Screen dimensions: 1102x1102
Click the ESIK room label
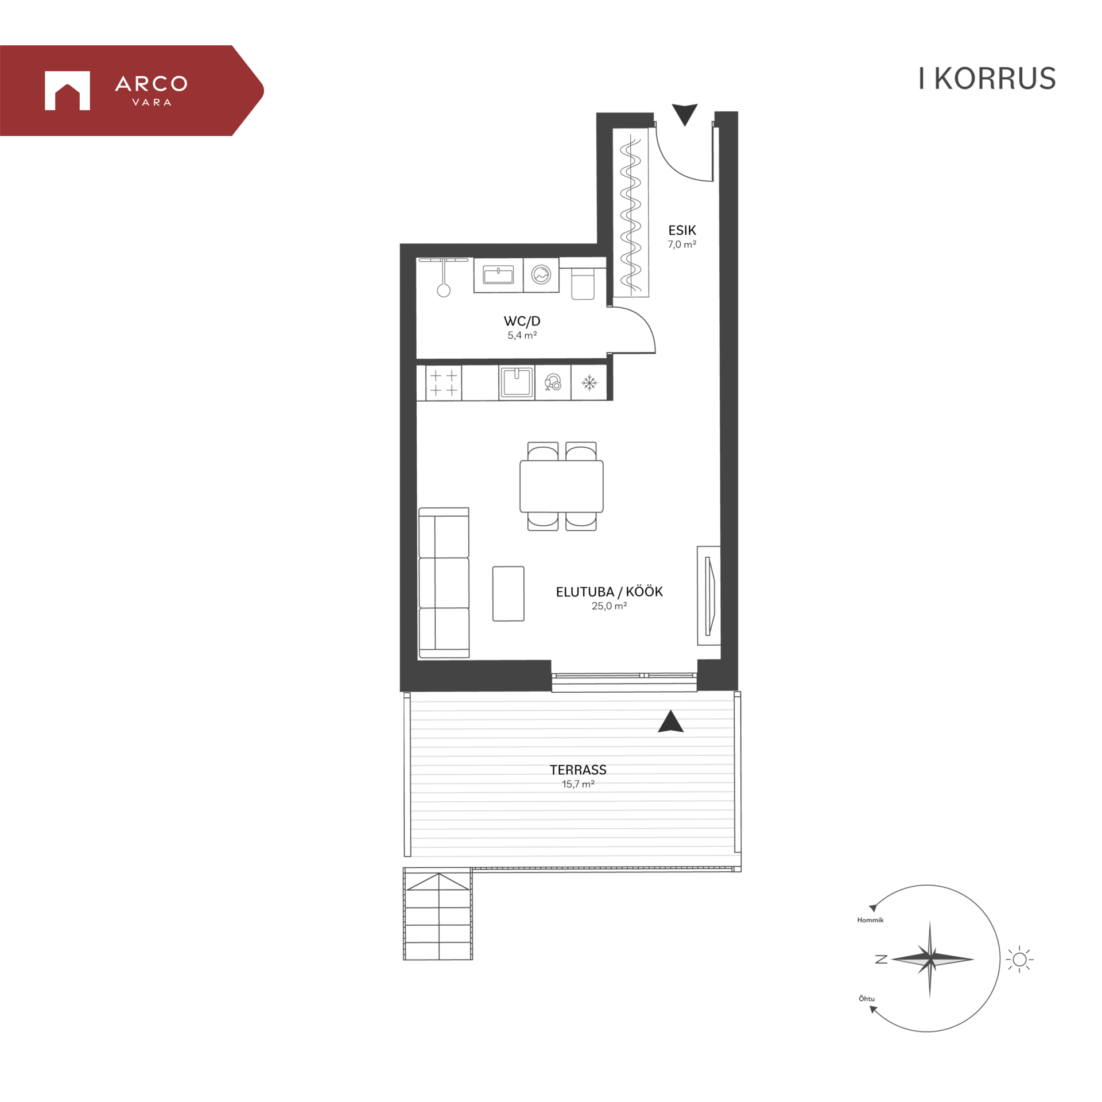tap(682, 230)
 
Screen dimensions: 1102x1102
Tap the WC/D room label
tap(522, 321)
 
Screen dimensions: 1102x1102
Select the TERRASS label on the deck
tap(578, 770)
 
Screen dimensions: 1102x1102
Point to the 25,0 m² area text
tap(609, 606)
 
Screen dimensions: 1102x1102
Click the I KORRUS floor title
tap(987, 79)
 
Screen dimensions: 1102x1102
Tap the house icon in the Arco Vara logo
tap(67, 90)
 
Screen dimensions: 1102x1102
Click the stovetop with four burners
tap(444, 383)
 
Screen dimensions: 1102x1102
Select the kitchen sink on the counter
tap(517, 382)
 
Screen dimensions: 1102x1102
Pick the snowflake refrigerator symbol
tap(589, 382)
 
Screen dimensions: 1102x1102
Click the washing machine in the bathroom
tap(541, 275)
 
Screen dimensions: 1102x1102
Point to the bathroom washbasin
tap(498, 275)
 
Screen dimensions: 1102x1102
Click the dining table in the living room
tap(561, 486)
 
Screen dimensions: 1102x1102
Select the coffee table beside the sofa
tap(508, 593)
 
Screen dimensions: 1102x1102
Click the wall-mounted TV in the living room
tap(710, 596)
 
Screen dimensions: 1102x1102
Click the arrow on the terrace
tap(670, 721)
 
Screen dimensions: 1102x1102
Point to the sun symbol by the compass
tap(1019, 959)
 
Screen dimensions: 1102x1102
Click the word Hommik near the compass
tap(870, 919)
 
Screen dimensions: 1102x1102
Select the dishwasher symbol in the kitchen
tap(553, 382)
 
